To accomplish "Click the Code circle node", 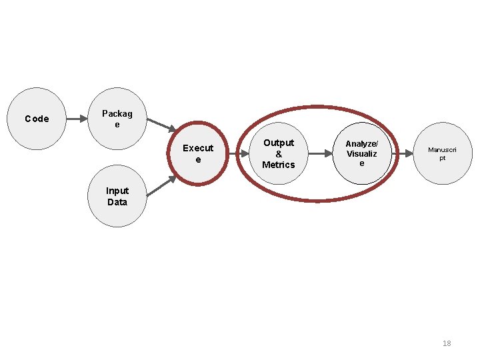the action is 37,119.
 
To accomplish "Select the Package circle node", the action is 117,119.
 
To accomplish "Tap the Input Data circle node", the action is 117,196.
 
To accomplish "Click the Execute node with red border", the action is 198,153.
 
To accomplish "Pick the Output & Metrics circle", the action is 279,153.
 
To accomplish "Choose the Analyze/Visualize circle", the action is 361,153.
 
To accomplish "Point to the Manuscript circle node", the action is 442,153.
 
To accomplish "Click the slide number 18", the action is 447,343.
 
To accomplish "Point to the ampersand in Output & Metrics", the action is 279,154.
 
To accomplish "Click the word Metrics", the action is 279,165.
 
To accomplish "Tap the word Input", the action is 117,191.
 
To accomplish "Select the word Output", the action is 279,143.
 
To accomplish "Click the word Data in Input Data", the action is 117,202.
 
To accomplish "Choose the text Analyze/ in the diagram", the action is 361,144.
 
